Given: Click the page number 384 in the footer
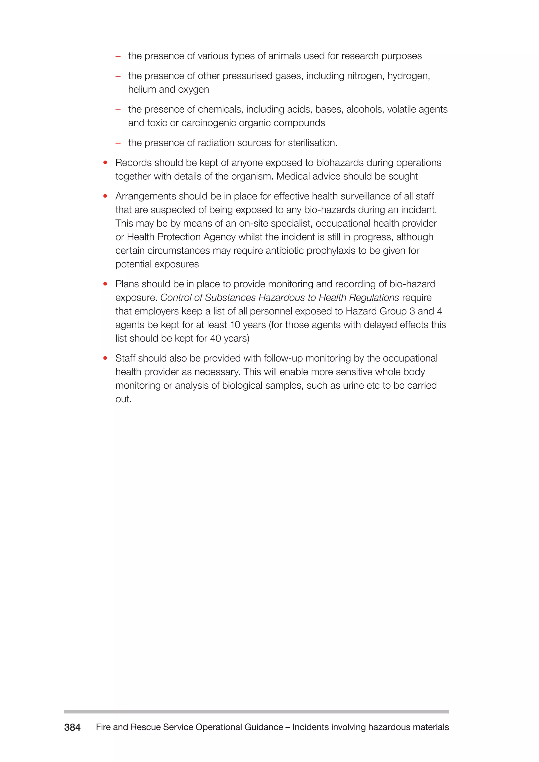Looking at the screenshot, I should [x=72, y=727].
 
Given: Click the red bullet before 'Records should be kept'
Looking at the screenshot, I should [x=105, y=163].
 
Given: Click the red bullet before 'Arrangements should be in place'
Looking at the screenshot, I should [x=105, y=196].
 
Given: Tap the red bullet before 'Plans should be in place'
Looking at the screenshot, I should [x=105, y=284].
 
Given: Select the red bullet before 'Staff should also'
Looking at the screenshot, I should [x=105, y=358].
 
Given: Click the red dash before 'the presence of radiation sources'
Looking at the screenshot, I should [x=118, y=143].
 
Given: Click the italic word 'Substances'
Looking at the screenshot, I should [x=230, y=298].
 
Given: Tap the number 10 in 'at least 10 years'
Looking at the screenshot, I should [x=235, y=325].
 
